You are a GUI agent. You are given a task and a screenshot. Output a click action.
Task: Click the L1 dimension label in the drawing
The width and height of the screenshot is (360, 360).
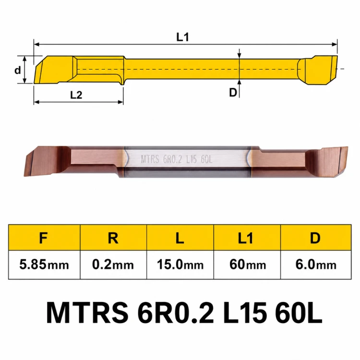coord(182,37)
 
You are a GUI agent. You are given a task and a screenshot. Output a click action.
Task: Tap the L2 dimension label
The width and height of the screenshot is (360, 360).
coord(76,95)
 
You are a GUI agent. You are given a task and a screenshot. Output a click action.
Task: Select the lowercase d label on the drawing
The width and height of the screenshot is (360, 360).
coord(18,70)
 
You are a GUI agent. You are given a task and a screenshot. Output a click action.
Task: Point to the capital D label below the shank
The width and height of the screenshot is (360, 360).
coord(233,92)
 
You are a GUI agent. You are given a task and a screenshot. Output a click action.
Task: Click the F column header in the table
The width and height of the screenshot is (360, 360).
coord(43,238)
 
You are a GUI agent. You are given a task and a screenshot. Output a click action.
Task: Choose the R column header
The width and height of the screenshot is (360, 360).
coord(113,238)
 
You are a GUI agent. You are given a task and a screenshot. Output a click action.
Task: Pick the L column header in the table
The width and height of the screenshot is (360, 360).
coord(180,238)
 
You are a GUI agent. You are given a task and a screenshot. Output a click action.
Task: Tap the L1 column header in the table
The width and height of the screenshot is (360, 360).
coord(245,238)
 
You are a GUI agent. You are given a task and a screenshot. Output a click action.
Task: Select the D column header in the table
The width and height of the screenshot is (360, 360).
coord(315,238)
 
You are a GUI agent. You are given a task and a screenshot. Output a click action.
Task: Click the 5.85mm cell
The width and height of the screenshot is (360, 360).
coord(44,264)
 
